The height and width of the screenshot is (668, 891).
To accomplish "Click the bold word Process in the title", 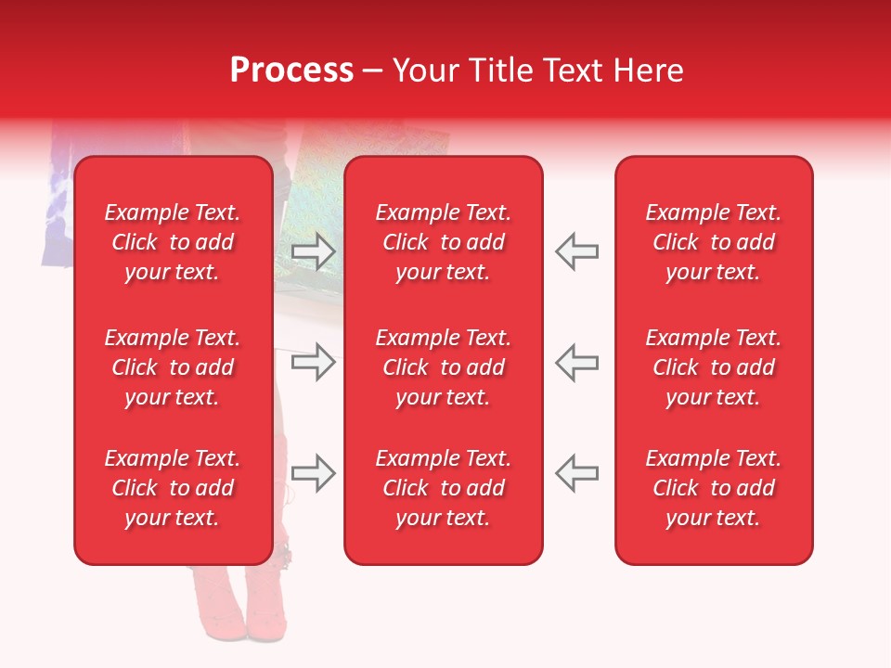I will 291,71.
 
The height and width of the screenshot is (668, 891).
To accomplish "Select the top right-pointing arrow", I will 313,251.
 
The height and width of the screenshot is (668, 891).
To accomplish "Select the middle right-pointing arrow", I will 313,362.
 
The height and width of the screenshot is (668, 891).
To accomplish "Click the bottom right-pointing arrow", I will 313,473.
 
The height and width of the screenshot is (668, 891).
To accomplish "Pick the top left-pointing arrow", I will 576,251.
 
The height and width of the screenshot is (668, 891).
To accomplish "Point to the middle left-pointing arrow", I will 576,362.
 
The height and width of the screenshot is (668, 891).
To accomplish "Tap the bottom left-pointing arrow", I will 576,473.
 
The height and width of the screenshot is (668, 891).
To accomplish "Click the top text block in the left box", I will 173,242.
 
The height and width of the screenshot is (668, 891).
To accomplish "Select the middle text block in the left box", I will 173,367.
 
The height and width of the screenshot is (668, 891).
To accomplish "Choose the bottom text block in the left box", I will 173,488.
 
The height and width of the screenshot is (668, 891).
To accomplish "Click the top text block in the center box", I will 443,242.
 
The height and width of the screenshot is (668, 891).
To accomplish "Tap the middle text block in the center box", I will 443,367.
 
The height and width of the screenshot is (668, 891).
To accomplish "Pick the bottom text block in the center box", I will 443,488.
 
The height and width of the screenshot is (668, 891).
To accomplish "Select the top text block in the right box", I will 713,242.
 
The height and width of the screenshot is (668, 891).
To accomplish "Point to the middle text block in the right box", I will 713,367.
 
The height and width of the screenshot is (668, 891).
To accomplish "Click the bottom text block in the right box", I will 713,488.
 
